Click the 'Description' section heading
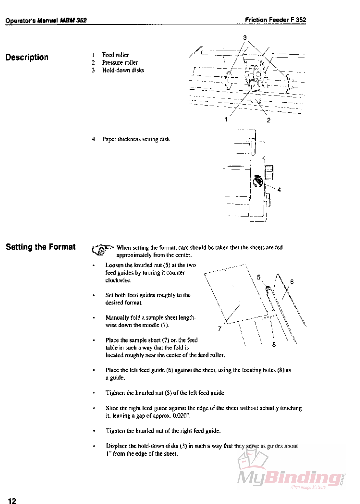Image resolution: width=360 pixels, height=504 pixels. (27, 57)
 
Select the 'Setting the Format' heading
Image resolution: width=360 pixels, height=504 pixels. (41, 247)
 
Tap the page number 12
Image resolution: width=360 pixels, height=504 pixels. (12, 500)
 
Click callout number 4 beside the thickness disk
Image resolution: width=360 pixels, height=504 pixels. (279, 190)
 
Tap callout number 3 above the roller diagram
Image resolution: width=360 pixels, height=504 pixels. (245, 37)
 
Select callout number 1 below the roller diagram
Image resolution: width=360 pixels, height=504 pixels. (226, 119)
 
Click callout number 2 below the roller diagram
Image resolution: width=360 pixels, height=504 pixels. (268, 120)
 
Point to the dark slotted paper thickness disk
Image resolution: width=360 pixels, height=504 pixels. (258, 181)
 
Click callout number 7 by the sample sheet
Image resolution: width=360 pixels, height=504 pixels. (219, 328)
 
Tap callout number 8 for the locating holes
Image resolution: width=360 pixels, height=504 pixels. (274, 344)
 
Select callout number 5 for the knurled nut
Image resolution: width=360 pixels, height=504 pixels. (259, 277)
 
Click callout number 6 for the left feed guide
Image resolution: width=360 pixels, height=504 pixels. (292, 282)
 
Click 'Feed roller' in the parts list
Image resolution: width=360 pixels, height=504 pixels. (115, 55)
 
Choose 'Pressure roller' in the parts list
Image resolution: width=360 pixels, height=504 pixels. (120, 62)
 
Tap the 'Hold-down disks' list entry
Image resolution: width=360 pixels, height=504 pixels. (123, 70)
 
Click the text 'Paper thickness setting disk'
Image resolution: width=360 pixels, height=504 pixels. (136, 139)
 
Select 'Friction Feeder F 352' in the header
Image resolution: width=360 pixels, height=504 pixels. (275, 20)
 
